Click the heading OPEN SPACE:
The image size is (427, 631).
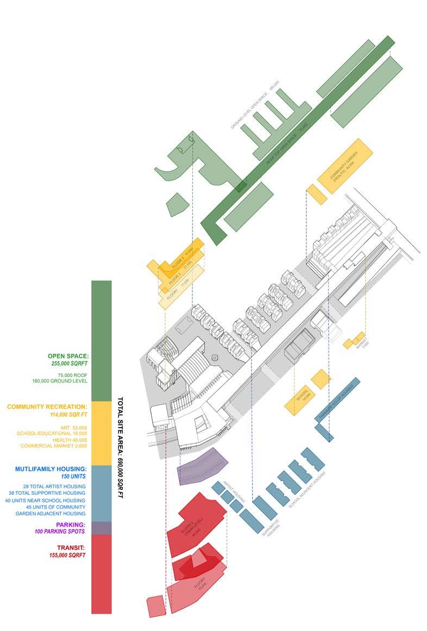pos(68,356)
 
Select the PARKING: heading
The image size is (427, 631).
pos(71,525)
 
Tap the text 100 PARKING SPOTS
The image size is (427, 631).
pos(60,532)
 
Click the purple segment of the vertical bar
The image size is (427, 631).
pos(101,528)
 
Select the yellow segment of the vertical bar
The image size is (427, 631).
pos(101,433)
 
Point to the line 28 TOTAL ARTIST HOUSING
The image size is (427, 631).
pos(54,486)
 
